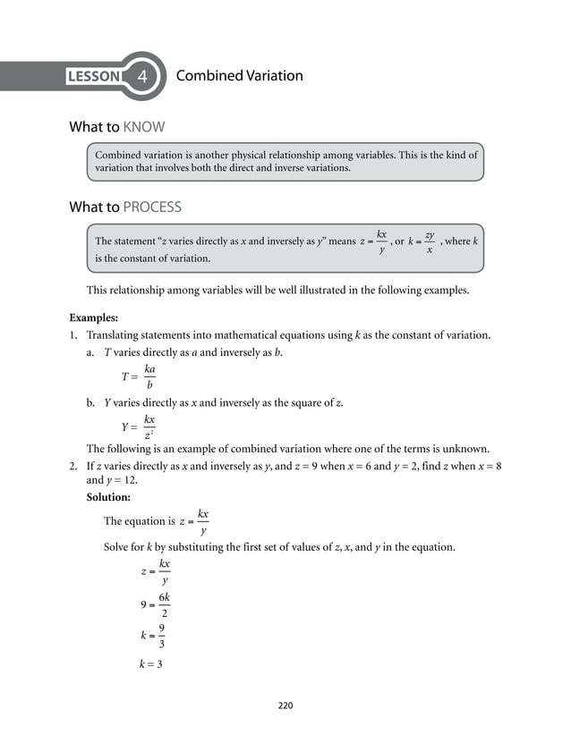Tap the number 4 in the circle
coord(143,77)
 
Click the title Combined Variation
coord(239,76)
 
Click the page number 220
coord(285,705)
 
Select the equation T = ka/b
coord(139,376)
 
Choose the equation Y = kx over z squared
coord(139,426)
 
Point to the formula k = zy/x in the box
coord(422,242)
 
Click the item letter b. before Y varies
coord(91,402)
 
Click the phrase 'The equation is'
coord(139,521)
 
